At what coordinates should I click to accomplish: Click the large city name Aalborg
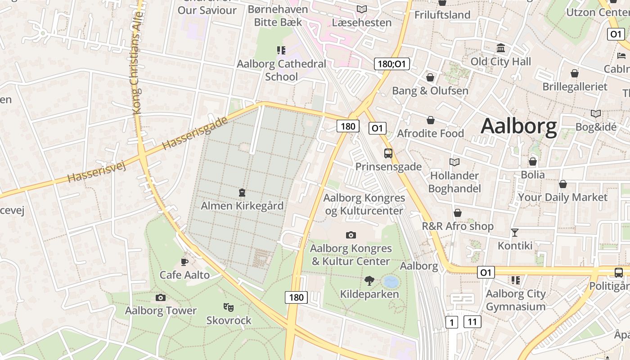[518, 126]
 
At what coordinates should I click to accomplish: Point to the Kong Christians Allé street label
[137, 63]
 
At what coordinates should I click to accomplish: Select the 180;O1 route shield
[392, 64]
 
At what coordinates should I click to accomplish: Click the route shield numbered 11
[472, 322]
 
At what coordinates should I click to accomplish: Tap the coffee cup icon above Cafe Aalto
[184, 261]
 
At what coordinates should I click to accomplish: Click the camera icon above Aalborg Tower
[160, 297]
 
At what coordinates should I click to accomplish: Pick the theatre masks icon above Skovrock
[229, 307]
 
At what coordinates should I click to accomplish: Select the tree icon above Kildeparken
[369, 281]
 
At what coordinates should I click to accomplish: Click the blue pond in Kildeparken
[391, 282]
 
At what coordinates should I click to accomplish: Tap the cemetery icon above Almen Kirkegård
[242, 193]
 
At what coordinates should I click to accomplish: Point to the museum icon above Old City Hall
[501, 48]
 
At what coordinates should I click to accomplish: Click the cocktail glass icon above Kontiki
[515, 233]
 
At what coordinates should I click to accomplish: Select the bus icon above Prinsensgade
[388, 153]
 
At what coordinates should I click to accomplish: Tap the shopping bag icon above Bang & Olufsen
[430, 77]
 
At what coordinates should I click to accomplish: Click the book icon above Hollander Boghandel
[454, 162]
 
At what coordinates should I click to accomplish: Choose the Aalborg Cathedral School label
[282, 70]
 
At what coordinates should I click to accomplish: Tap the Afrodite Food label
[430, 134]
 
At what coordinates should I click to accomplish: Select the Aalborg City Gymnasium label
[516, 300]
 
